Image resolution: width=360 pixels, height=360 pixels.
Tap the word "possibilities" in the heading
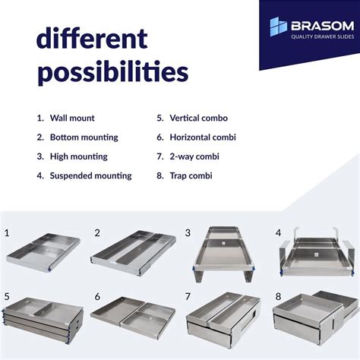pyautogui.click(x=112, y=72)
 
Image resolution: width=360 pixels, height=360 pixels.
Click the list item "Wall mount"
pyautogui.click(x=72, y=118)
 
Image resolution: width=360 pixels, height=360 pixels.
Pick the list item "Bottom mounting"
pyautogui.click(x=84, y=137)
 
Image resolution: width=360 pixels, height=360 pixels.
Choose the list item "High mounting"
pyautogui.click(x=78, y=156)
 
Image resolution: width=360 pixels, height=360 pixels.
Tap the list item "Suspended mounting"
pyautogui.click(x=90, y=175)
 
